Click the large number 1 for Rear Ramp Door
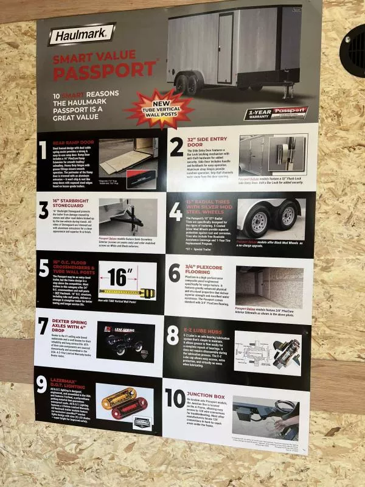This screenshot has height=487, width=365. click(43, 150)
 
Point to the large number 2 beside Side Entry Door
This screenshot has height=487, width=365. click(176, 147)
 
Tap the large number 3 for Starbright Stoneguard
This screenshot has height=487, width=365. click(43, 211)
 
